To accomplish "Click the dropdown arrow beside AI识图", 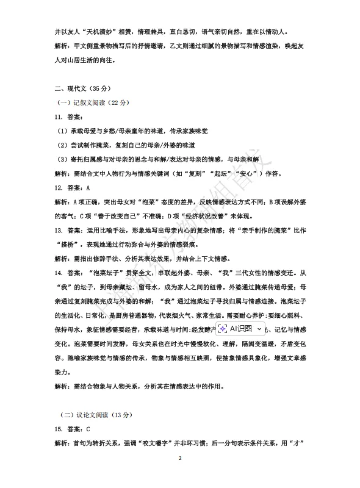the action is pyautogui.click(x=261, y=329).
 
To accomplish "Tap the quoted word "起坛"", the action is pyautogui.click(x=242, y=174).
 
